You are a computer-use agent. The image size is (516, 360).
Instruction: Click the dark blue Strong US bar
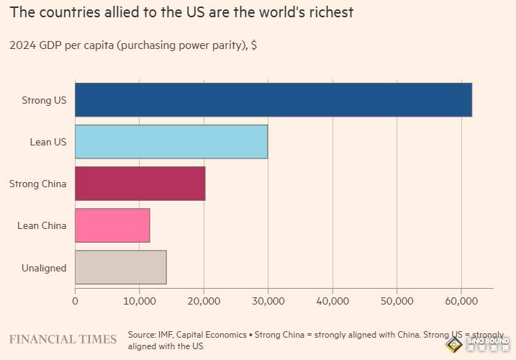pos(273,100)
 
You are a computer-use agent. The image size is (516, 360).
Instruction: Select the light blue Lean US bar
pos(171,142)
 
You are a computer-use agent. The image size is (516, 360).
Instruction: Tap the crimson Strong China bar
pos(140,184)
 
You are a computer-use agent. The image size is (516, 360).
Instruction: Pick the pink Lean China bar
pos(112,225)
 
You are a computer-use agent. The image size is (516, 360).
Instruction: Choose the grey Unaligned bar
pos(121,267)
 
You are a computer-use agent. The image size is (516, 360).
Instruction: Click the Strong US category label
pos(44,100)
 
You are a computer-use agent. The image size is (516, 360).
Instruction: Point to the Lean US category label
pos(47,142)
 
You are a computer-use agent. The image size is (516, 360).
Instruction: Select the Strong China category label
pos(37,184)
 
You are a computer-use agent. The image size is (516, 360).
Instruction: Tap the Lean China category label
pos(42,225)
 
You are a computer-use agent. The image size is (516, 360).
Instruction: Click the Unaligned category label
pos(43,268)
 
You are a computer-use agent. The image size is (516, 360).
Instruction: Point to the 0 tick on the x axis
pos(75,300)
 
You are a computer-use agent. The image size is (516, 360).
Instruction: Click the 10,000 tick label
pos(140,300)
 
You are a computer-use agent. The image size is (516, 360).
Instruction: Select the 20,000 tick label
pos(204,300)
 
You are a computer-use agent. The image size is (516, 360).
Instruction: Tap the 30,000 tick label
pos(268,300)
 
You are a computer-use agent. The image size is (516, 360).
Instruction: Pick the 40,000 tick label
pos(332,300)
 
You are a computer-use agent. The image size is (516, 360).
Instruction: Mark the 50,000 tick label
pos(397,300)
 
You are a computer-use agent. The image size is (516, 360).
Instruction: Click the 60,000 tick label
pos(461,300)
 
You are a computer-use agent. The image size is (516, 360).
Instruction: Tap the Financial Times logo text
pos(63,339)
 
